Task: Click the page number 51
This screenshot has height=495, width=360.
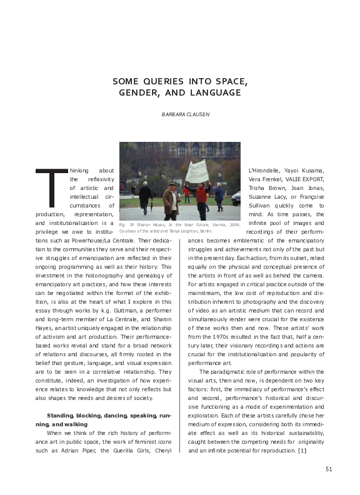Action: [329, 470]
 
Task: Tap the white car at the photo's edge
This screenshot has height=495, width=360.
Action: [236, 199]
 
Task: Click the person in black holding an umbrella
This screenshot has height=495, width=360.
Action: [146, 196]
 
